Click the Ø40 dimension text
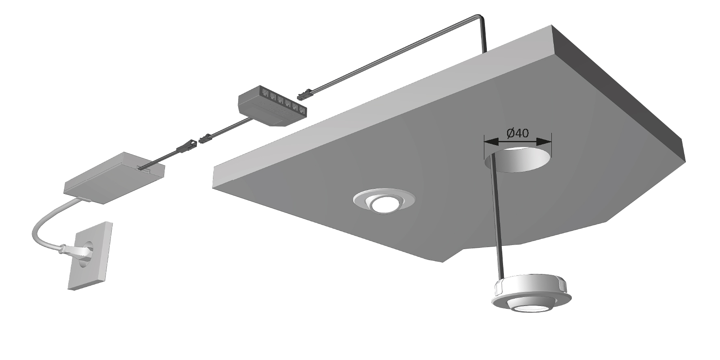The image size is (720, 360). click(x=518, y=133)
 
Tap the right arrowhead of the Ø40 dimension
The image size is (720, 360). click(x=544, y=142)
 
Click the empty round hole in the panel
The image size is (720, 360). click(x=517, y=159)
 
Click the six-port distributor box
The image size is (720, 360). click(x=272, y=105)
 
